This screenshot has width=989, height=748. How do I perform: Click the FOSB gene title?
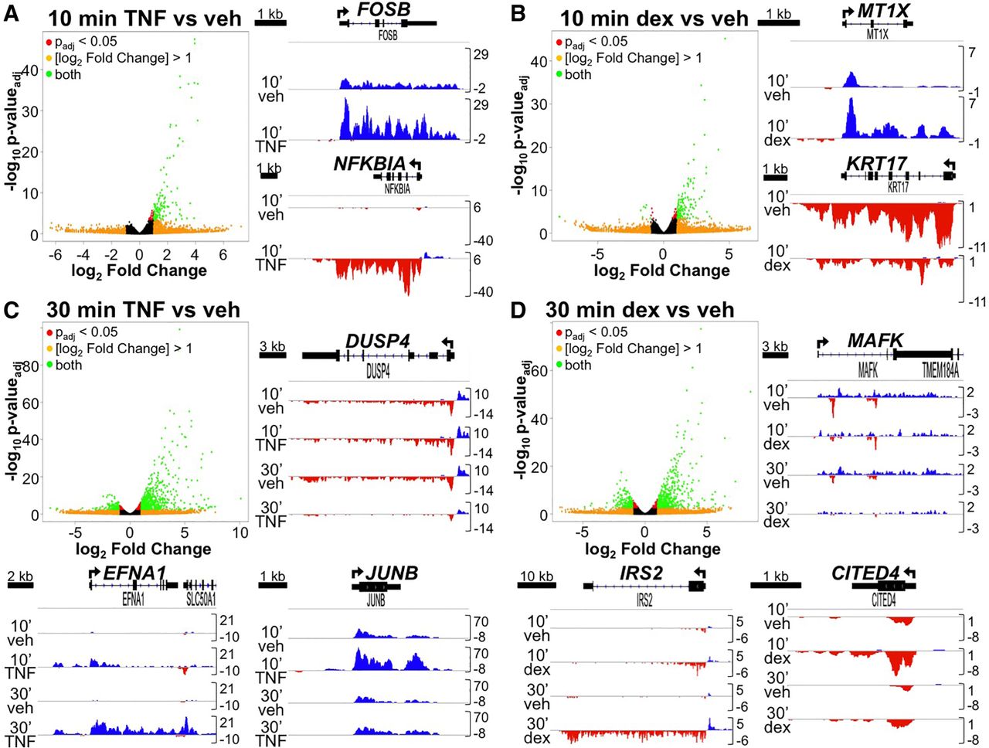tap(384, 10)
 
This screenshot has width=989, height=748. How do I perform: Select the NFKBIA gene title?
tap(369, 164)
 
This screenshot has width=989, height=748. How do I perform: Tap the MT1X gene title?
tap(885, 12)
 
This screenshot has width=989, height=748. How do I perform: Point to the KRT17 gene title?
tap(876, 164)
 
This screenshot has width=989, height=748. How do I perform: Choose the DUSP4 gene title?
tap(377, 342)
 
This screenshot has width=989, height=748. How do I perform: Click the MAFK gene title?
tap(875, 340)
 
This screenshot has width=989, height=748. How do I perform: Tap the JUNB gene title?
tap(392, 573)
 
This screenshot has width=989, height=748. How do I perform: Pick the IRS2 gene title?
tap(641, 573)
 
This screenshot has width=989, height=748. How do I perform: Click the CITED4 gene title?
tap(865, 573)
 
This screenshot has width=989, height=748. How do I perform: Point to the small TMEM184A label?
tap(940, 371)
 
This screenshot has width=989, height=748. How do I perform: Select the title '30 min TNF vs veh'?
tap(143, 311)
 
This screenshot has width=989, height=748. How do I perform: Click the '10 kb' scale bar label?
tap(536, 576)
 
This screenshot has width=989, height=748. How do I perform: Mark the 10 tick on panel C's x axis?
tap(240, 532)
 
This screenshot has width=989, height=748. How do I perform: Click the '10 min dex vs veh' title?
tap(654, 19)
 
